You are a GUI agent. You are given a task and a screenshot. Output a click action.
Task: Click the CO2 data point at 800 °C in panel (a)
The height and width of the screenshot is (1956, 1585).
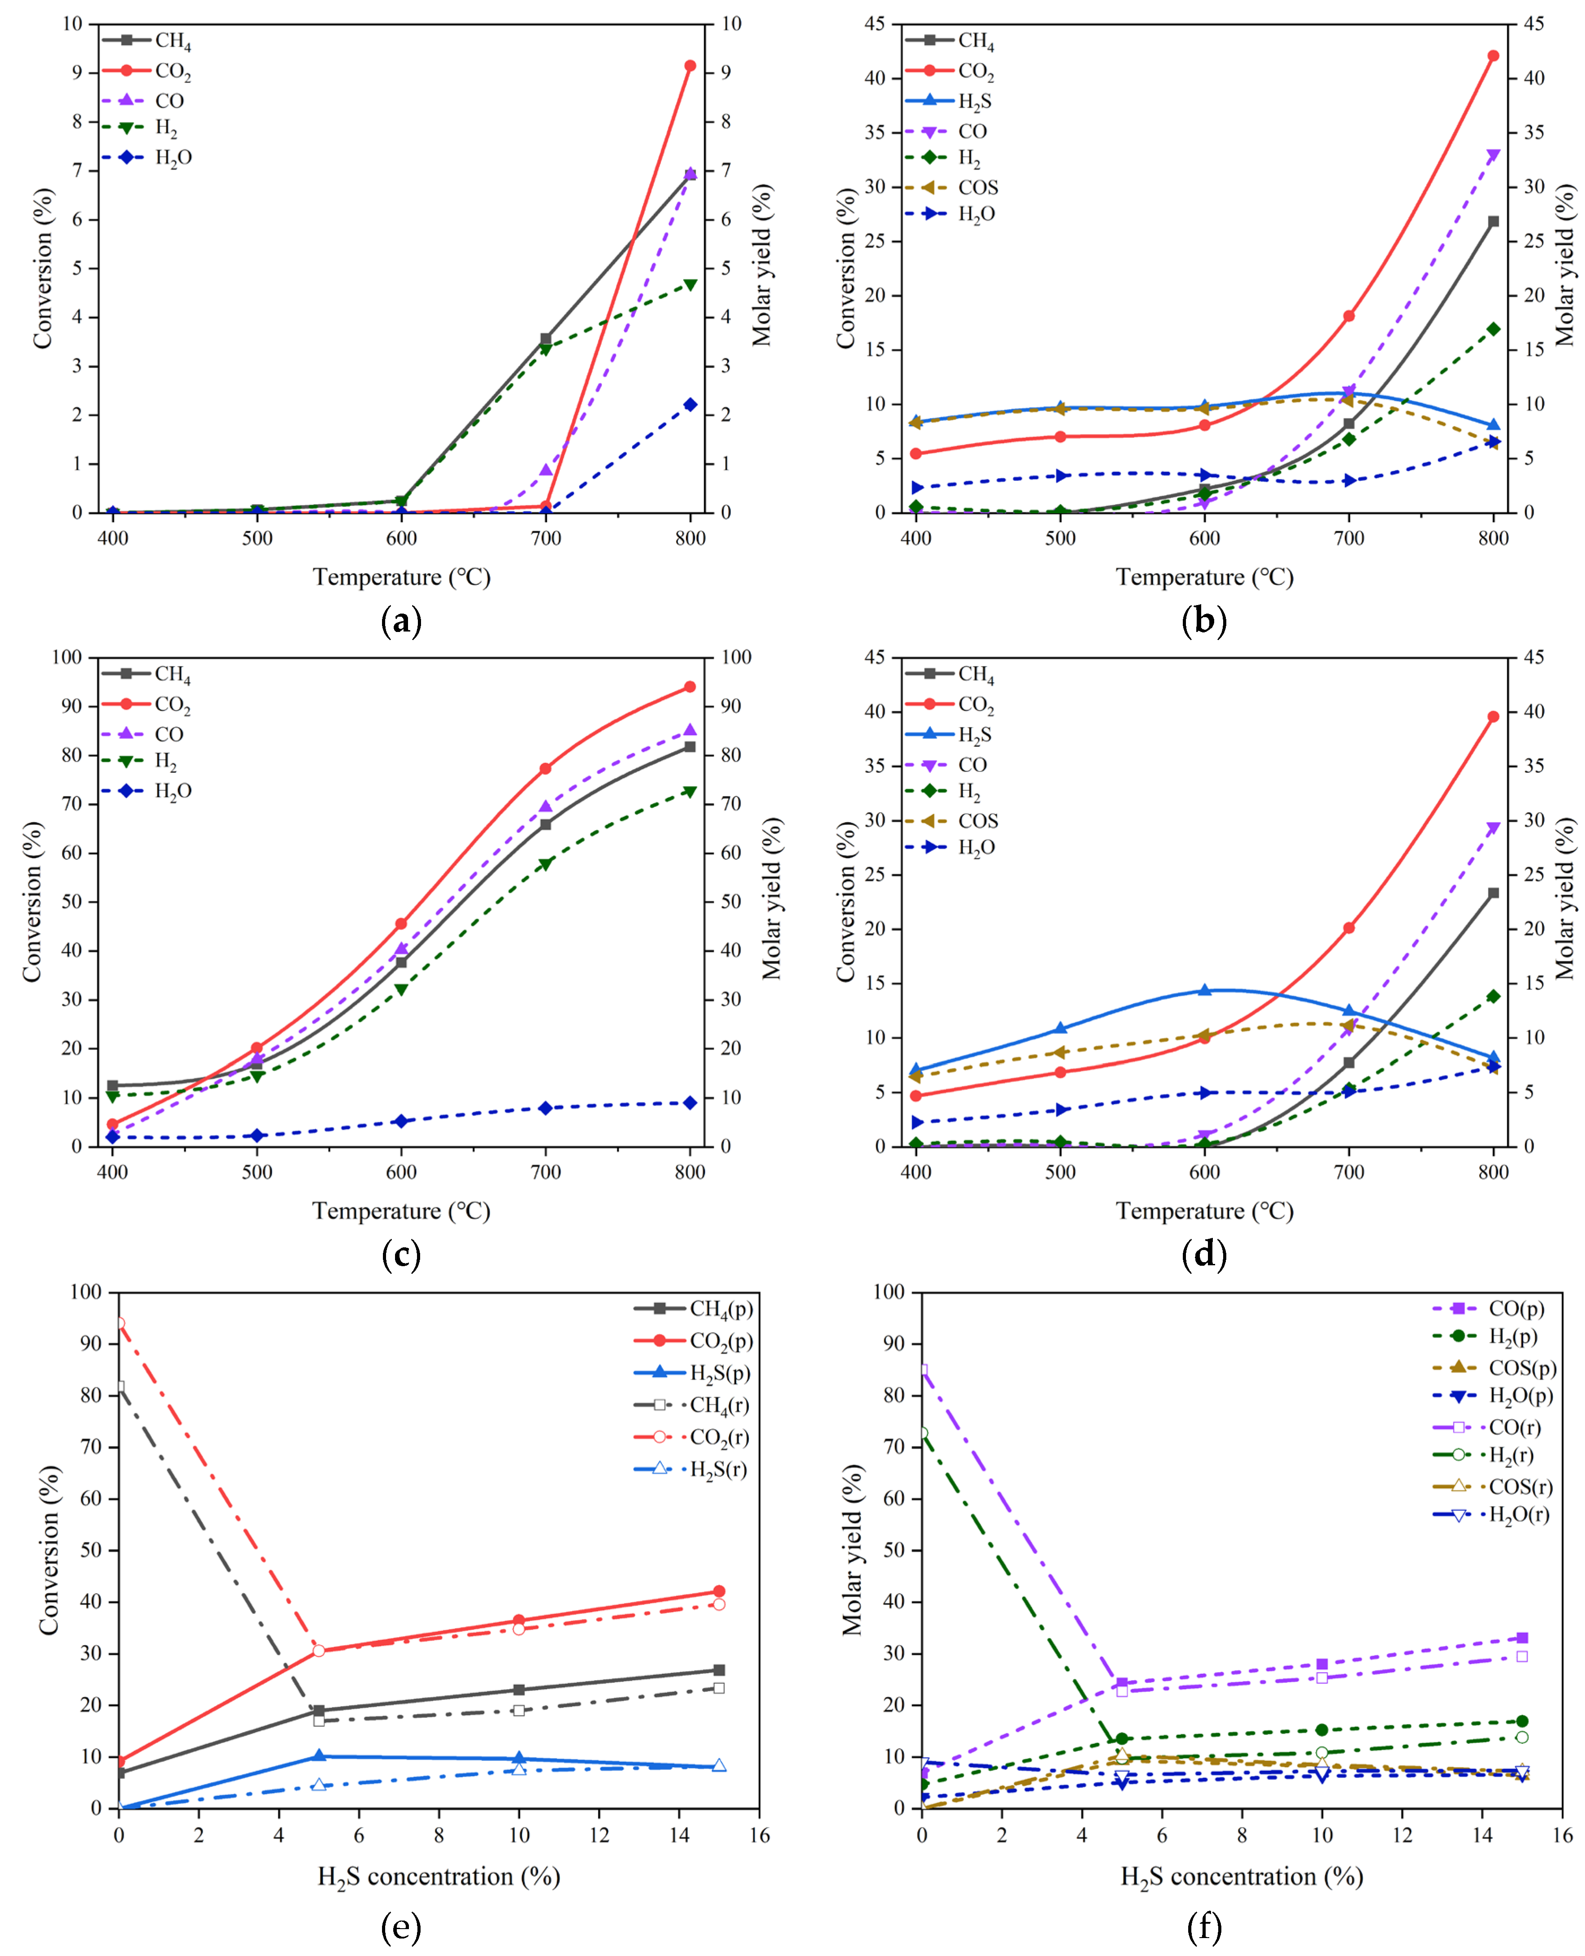pos(690,66)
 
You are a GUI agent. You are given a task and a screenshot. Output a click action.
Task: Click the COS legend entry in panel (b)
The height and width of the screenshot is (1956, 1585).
pos(977,187)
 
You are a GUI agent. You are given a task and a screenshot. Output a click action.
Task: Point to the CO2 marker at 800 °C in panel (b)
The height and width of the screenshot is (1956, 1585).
pos(1494,56)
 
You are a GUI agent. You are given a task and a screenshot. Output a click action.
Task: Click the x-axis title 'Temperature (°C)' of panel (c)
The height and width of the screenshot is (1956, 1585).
pos(402,1211)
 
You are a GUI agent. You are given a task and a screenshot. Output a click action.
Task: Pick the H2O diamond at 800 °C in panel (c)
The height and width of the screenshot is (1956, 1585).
pos(690,1103)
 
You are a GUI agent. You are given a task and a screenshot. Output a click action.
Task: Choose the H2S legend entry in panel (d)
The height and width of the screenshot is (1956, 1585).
pos(973,735)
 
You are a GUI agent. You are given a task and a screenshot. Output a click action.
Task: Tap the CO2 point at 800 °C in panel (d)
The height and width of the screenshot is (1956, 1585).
pos(1494,717)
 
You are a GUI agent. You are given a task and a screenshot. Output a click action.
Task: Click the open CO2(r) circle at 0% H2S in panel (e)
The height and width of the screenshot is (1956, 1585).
pos(119,1322)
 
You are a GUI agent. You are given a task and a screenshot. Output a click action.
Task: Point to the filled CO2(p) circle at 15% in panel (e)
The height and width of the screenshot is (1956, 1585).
pos(720,1592)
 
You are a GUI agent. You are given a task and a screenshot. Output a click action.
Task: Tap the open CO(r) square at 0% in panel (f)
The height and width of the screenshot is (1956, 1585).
pos(922,1370)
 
